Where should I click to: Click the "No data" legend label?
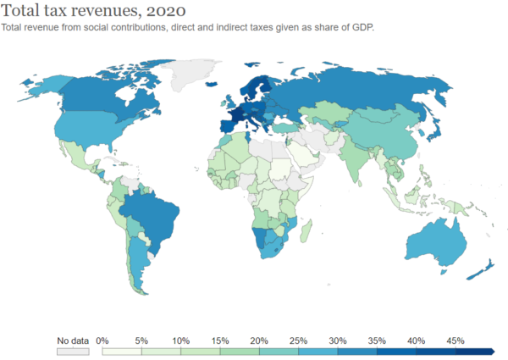[73, 341]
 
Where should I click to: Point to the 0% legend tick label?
[102, 341]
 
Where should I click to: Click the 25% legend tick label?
[299, 341]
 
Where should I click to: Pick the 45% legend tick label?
[456, 341]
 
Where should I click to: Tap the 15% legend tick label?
[220, 341]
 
